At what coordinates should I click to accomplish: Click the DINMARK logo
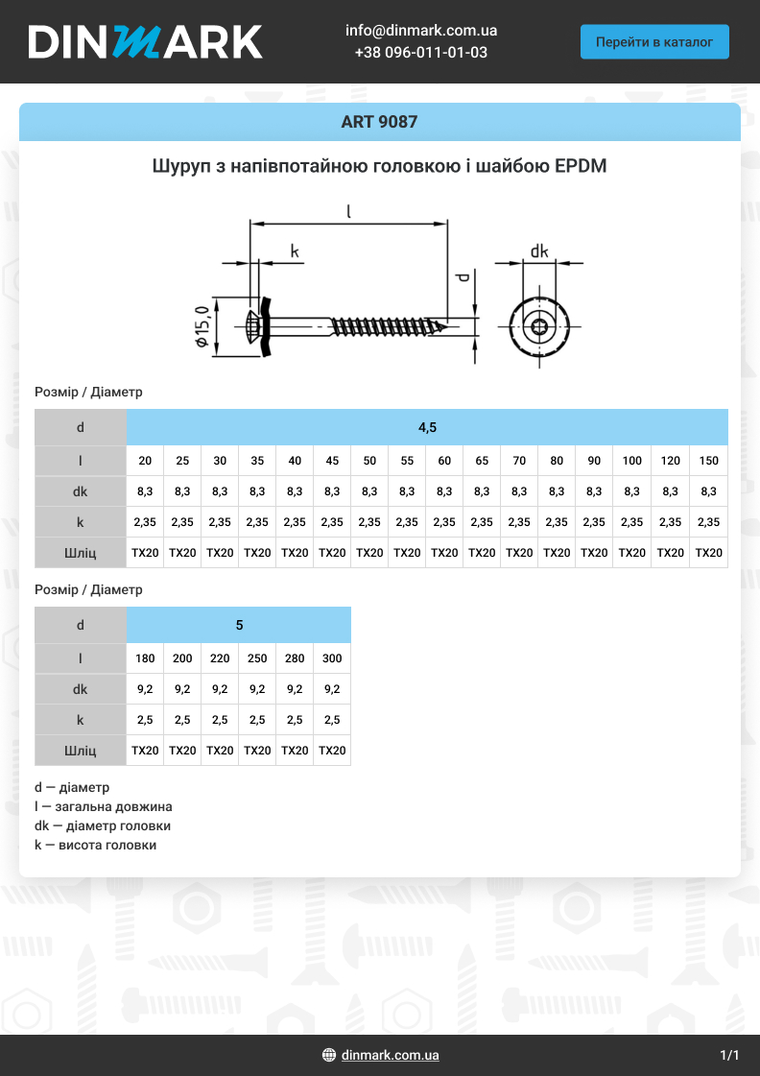(x=145, y=42)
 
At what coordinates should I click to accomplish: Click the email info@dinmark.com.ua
(x=421, y=31)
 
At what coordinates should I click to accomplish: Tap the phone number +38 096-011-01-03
(x=421, y=53)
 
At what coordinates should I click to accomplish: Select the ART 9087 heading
(x=379, y=122)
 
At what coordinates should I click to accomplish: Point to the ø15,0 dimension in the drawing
(x=202, y=327)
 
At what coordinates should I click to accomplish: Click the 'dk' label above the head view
(x=539, y=251)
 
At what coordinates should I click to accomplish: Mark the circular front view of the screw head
(x=539, y=328)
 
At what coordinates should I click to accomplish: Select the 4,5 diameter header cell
(x=427, y=427)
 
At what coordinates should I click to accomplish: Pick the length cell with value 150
(x=708, y=461)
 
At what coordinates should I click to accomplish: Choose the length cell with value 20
(x=145, y=461)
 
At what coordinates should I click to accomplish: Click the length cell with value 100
(x=631, y=461)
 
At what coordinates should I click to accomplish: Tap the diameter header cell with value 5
(x=239, y=625)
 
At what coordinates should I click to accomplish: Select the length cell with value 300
(x=332, y=658)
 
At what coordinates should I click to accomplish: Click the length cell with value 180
(x=145, y=658)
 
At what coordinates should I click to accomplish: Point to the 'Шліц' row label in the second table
(x=80, y=751)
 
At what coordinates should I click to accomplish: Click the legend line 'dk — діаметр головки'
(x=103, y=825)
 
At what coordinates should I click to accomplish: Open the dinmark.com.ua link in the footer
(x=390, y=1055)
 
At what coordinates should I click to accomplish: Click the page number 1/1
(x=729, y=1055)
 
